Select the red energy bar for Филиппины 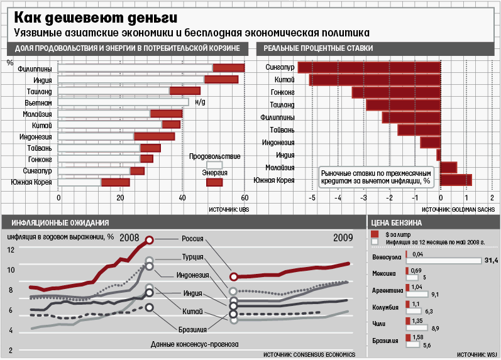point(229,68)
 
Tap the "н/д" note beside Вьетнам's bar point(201,102)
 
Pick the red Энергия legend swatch point(214,182)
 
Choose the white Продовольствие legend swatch point(214,165)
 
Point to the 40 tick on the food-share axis point(182,198)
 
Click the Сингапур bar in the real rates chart point(369,67)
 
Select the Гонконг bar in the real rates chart point(396,92)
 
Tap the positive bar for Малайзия point(448,167)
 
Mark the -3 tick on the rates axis point(363,198)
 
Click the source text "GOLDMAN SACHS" point(473,209)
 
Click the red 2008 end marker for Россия point(150,239)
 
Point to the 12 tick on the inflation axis point(11,250)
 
